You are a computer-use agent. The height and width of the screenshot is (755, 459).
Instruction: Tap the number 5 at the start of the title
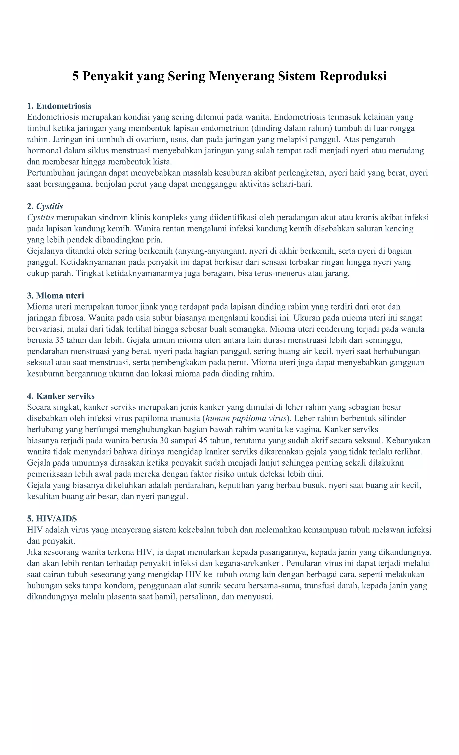(x=75, y=76)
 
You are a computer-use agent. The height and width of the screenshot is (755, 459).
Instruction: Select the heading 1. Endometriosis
(x=59, y=106)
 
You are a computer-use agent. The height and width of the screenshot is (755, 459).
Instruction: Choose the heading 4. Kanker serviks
(x=61, y=396)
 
